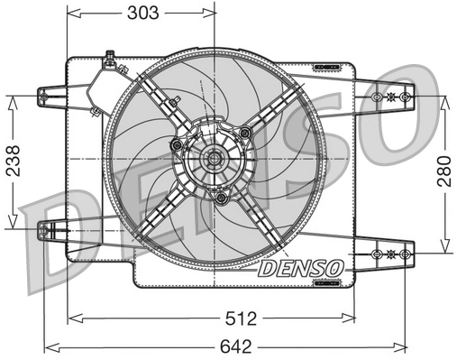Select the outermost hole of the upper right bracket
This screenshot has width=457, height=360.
click(x=406, y=97)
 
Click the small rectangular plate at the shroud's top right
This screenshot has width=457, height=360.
click(x=326, y=68)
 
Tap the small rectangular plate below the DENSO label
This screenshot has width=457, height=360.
click(x=324, y=282)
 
